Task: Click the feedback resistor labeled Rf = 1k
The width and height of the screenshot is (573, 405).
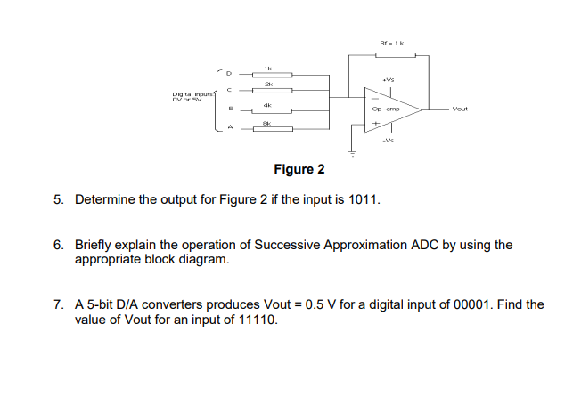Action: pyautogui.click(x=390, y=54)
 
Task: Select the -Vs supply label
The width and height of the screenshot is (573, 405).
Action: pyautogui.click(x=389, y=141)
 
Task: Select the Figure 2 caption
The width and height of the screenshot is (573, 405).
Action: pyautogui.click(x=298, y=169)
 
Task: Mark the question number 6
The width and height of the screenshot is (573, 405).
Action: pyautogui.click(x=58, y=246)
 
